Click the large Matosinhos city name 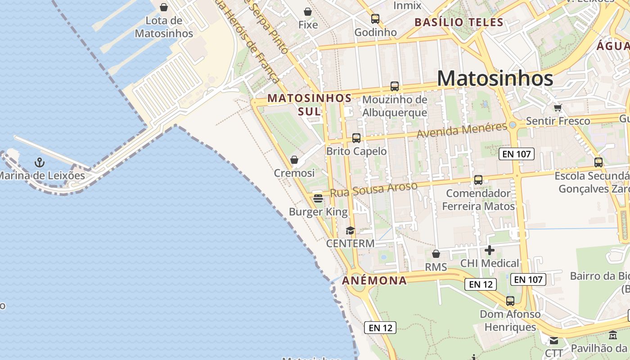(x=495, y=78)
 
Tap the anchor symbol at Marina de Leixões (x=40, y=162)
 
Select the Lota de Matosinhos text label (x=164, y=27)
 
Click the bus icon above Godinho (x=375, y=19)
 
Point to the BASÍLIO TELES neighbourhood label (x=459, y=22)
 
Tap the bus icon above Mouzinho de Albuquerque (x=395, y=86)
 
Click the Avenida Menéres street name (x=462, y=130)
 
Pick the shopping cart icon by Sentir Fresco (x=558, y=108)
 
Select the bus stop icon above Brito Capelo (x=356, y=138)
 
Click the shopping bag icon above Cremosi (x=294, y=160)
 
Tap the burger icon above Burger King (x=318, y=198)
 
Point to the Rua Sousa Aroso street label (x=373, y=189)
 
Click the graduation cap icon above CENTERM (x=350, y=230)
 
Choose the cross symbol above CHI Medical (x=490, y=250)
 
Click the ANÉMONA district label (x=374, y=281)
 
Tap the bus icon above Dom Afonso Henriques (x=510, y=301)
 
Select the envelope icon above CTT (x=554, y=340)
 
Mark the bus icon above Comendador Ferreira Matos (x=478, y=180)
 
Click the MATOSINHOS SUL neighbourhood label (x=310, y=104)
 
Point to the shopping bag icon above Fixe (x=308, y=12)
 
